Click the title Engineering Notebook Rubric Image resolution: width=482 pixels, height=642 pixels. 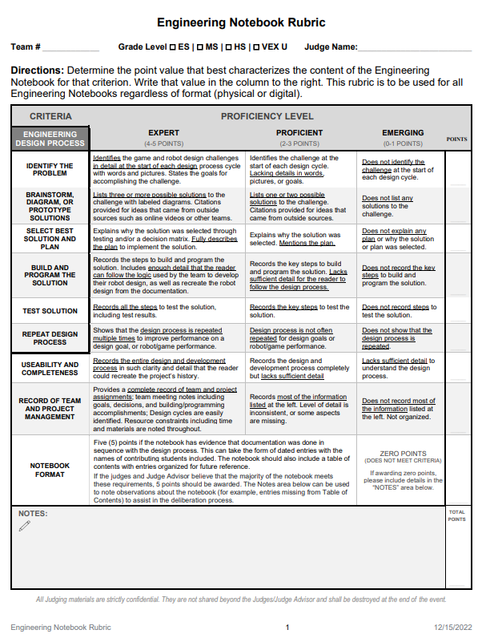coord(241,22)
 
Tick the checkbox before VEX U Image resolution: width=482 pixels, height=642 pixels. coord(254,48)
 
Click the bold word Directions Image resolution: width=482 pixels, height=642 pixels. coord(37,71)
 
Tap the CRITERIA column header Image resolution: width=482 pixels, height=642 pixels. coord(50,116)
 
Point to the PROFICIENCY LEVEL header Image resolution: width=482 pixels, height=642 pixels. coord(267,116)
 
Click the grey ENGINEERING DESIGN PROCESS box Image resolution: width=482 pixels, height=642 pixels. coord(50,139)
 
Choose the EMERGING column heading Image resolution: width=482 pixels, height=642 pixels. coord(403,133)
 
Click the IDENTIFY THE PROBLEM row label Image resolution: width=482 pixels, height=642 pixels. coord(50,169)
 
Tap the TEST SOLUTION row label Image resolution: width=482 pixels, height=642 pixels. coord(50,311)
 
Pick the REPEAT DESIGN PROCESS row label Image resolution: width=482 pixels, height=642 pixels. coord(50,338)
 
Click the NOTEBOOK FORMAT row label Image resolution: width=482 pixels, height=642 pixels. coord(50,470)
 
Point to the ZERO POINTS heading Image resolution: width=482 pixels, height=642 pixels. coord(403,453)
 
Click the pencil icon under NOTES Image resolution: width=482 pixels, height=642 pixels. coord(24,527)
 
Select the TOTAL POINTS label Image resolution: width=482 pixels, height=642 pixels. coord(456,515)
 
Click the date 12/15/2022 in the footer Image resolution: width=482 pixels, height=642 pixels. coord(453,627)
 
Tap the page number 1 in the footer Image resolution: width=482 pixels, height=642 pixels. coord(287,627)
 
